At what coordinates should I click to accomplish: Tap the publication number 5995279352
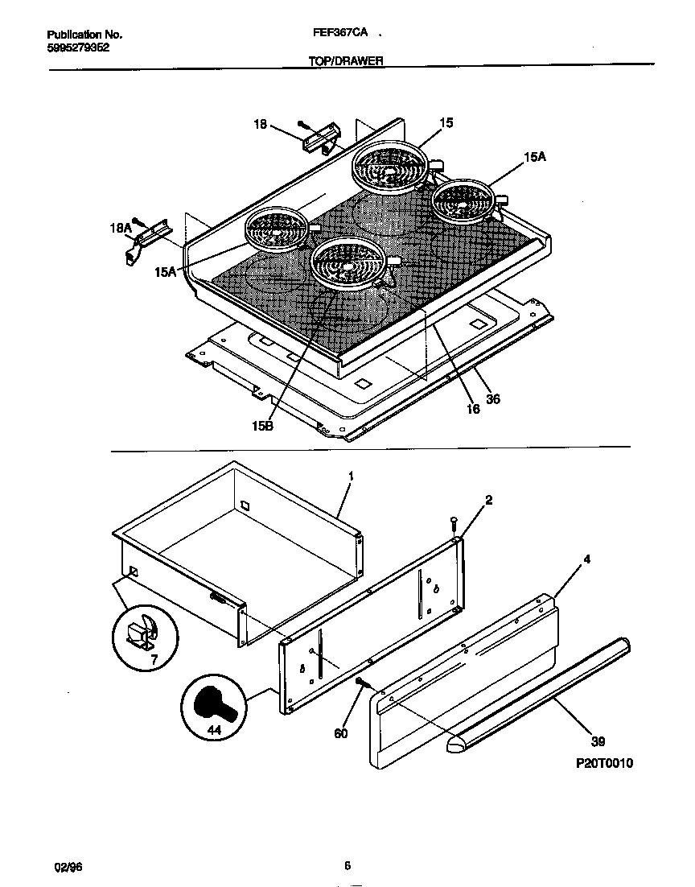coord(78,47)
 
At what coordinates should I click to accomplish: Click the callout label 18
coord(260,124)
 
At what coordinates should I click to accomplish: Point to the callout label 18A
coord(120,229)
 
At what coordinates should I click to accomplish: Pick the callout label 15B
coord(262,426)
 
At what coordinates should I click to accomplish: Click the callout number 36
coord(493,398)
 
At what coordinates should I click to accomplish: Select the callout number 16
coord(473,409)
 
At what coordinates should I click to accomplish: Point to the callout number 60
coord(342,733)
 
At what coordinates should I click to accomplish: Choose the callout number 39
coord(598,741)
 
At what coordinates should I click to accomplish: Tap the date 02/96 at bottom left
coord(68,867)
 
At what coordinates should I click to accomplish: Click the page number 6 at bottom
coord(347,866)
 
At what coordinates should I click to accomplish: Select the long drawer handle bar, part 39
coord(539,695)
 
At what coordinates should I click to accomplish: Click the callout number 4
coord(586,557)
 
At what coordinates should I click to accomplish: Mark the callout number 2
coord(488,500)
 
